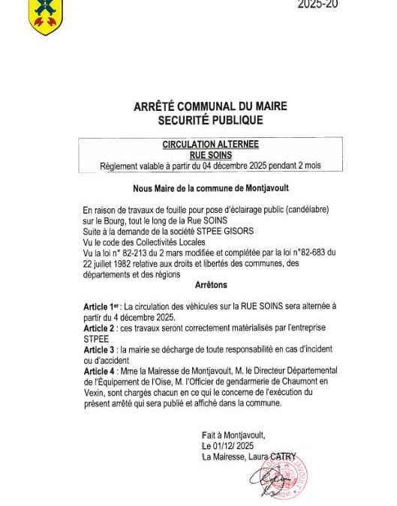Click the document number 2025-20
point(316,4)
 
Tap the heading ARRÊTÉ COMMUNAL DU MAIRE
point(199,107)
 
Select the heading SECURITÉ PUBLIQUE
point(199,120)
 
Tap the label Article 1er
point(103,307)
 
